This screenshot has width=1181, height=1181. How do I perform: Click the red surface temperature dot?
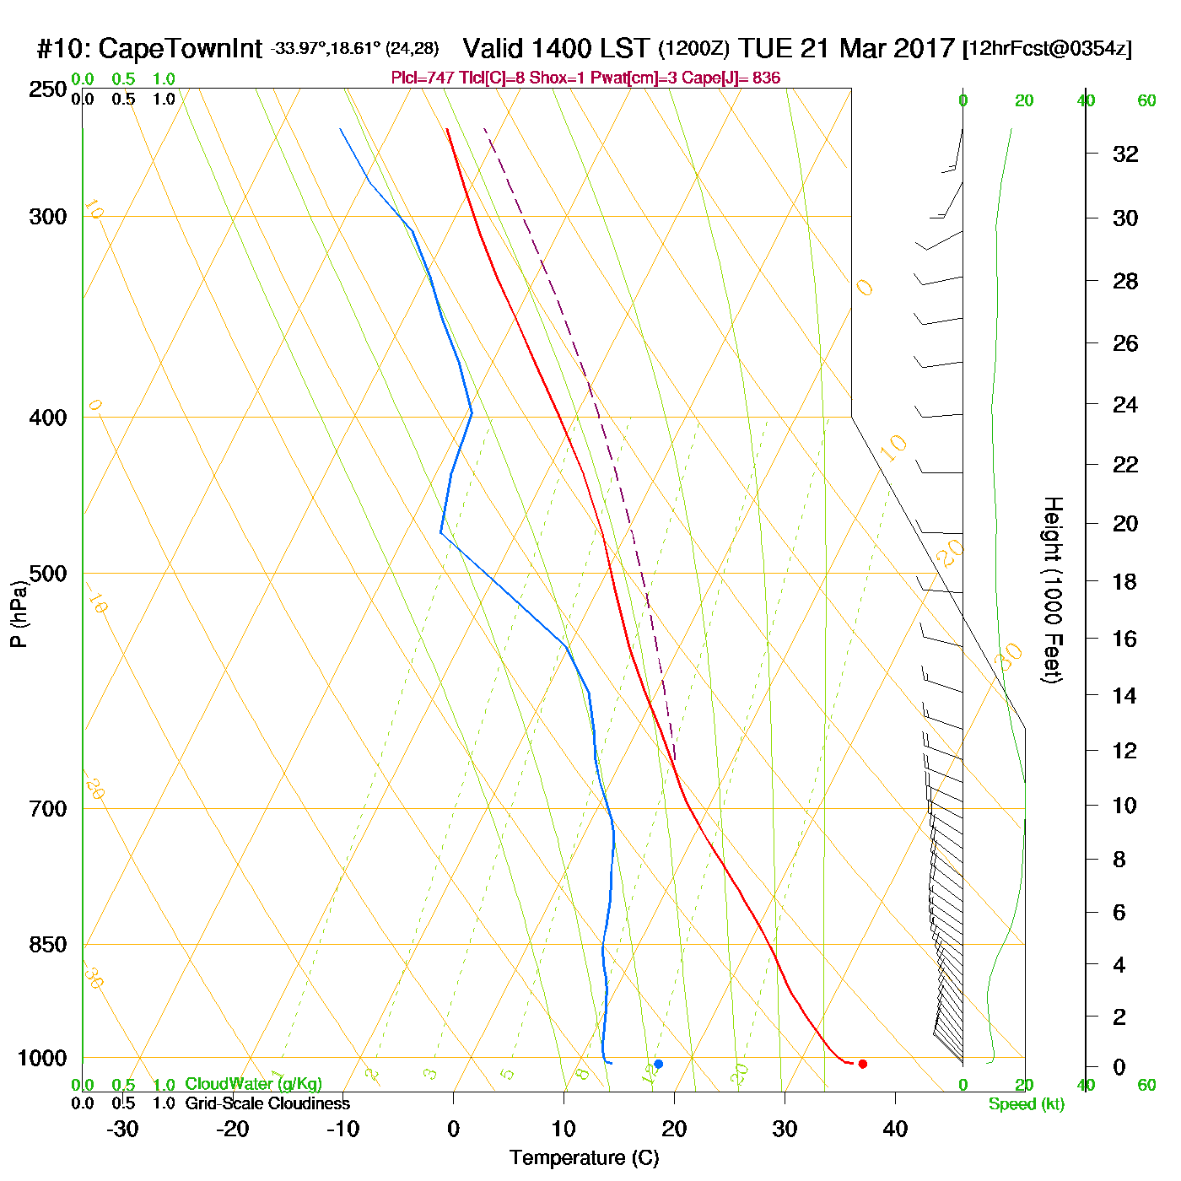pos(862,1064)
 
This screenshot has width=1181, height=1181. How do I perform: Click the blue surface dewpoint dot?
pos(658,1064)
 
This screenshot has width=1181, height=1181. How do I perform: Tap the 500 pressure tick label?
pos(48,574)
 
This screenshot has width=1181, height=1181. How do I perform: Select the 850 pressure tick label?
pos(48,945)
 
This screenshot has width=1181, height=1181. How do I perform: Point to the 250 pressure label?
pos(48,89)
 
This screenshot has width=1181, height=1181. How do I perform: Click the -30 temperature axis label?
pos(122,1129)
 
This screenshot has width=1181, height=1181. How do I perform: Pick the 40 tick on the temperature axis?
pos(895,1129)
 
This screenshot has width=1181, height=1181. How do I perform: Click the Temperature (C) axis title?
pos(584,1158)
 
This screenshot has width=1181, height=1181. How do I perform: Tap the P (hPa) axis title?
pos(19,613)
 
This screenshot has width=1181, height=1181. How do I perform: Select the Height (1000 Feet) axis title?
pos(1052,590)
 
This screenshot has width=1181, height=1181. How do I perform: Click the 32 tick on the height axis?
pos(1125,154)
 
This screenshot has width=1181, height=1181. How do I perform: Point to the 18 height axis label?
pos(1125,581)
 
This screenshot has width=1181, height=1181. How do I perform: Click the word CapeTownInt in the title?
pos(181,49)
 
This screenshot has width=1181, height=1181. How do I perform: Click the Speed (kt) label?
pos(1027,1104)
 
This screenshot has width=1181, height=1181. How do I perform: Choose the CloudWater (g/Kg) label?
pos(253,1084)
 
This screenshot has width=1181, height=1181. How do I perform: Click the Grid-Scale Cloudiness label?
pos(267,1103)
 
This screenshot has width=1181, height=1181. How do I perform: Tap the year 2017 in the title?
pos(923,48)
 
